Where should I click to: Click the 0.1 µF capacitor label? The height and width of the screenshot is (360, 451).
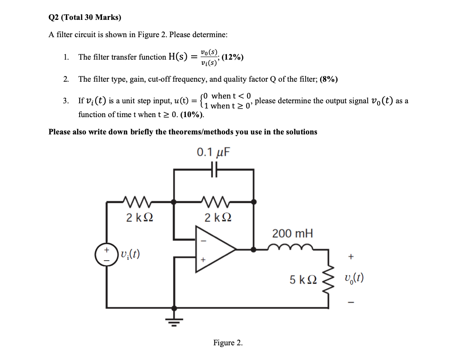tap(214, 152)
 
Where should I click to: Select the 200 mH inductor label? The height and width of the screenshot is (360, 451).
tap(292, 234)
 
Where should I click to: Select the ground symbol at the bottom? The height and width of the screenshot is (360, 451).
tap(174, 319)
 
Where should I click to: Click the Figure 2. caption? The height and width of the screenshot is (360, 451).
tap(228, 343)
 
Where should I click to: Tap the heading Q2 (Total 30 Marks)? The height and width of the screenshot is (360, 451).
tap(85, 17)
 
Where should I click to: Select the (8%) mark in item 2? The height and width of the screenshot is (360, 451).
tap(329, 79)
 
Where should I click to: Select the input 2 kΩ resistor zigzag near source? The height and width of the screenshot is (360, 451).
tap(138, 201)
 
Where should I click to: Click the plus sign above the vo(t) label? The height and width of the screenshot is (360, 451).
tap(351, 257)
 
